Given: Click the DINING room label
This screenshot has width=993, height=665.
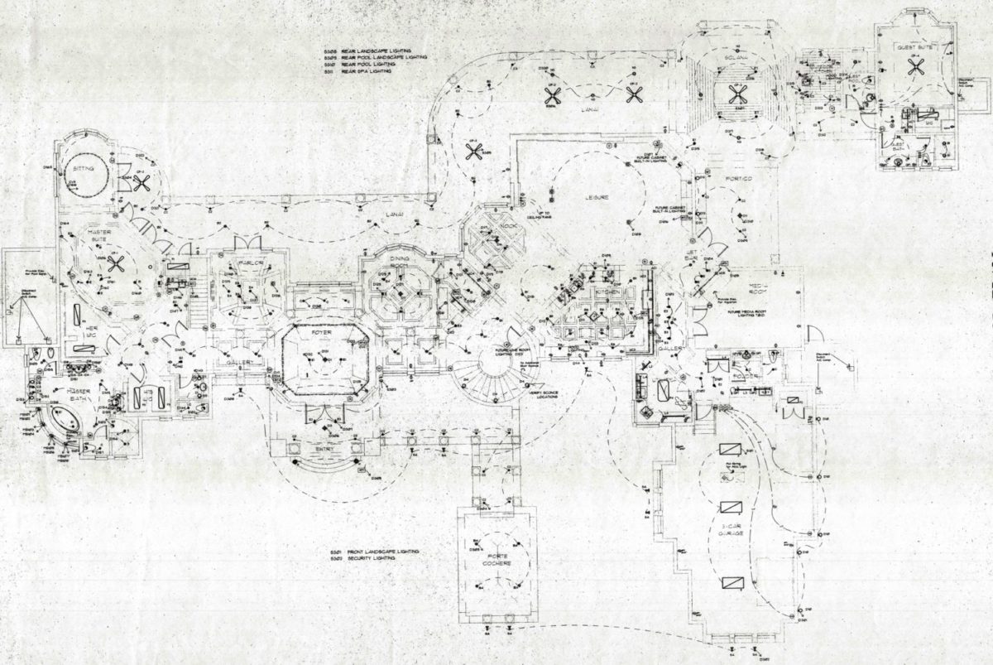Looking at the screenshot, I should [399, 259].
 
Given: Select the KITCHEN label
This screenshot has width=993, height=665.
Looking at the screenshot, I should [606, 294].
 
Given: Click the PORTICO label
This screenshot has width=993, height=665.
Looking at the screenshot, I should [739, 178].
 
